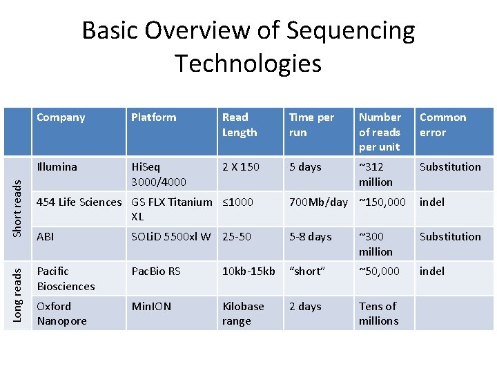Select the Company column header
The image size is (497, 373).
(61, 117)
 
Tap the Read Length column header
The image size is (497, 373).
(240, 125)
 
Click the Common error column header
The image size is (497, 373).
(442, 125)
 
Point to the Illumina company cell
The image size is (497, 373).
(57, 166)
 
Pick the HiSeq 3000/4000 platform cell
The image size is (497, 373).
(157, 174)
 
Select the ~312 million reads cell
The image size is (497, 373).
(376, 174)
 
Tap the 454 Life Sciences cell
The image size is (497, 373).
(79, 202)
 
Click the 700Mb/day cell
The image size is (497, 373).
(318, 202)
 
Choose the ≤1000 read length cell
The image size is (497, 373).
(238, 202)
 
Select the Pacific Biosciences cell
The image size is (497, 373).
(66, 278)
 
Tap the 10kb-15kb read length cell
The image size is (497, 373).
(248, 271)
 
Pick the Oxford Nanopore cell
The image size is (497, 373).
(61, 314)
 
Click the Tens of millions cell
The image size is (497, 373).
(378, 314)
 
